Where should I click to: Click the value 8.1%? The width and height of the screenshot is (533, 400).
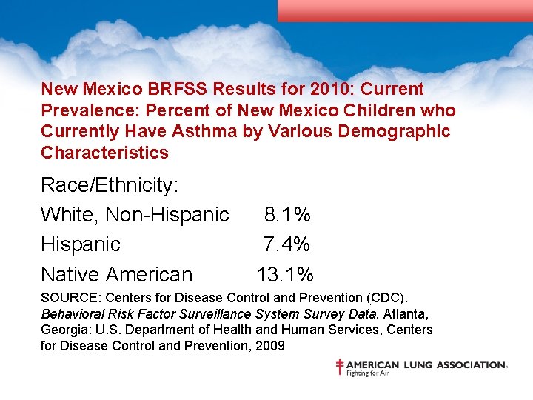pos(287,215)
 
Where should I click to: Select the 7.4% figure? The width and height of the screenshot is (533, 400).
pos(287,244)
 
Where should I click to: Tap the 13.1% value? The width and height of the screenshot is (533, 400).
pos(285,274)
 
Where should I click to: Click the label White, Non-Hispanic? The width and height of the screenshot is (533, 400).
pos(135,215)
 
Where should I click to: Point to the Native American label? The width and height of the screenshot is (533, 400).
pos(116,274)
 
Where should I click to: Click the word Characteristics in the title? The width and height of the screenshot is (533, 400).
pos(104,153)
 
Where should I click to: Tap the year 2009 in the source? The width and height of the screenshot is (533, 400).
pos(269,345)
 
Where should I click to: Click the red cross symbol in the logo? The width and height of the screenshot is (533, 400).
pos(340,367)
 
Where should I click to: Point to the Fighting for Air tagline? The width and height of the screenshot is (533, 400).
pos(368,373)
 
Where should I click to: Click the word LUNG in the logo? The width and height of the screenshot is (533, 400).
pos(417,364)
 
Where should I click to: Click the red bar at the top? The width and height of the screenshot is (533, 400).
pos(405,10)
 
